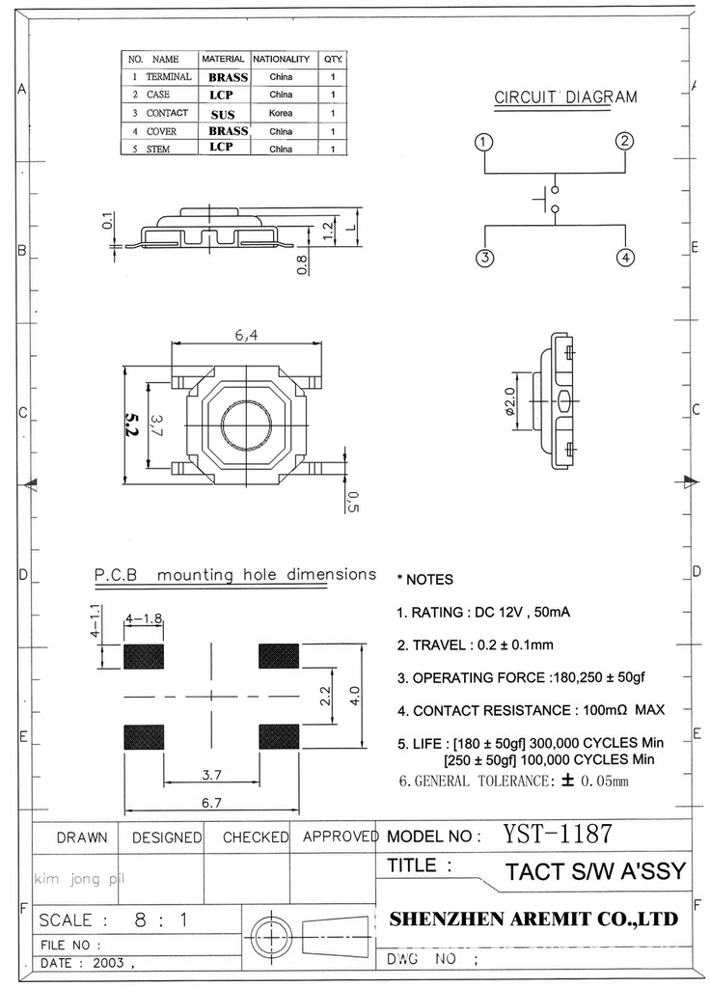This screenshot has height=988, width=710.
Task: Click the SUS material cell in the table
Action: pyautogui.click(x=223, y=114)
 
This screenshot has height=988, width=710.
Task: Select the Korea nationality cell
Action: pyautogui.click(x=281, y=113)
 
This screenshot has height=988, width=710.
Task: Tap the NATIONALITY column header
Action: pyautogui.click(x=281, y=59)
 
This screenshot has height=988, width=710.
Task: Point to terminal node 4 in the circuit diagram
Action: pyautogui.click(x=626, y=258)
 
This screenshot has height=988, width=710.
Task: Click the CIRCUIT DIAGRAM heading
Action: pyautogui.click(x=565, y=97)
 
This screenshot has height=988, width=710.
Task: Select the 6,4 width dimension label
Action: pyautogui.click(x=246, y=336)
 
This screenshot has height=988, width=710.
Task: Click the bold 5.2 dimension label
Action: pyautogui.click(x=132, y=425)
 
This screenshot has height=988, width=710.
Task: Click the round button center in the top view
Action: pyautogui.click(x=247, y=423)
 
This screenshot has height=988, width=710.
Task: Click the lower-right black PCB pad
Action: pyautogui.click(x=280, y=736)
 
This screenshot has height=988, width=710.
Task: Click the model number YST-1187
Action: pyautogui.click(x=558, y=834)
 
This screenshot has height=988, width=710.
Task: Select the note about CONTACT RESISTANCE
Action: pyautogui.click(x=530, y=710)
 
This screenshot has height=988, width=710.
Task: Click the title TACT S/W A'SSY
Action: pyautogui.click(x=594, y=872)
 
